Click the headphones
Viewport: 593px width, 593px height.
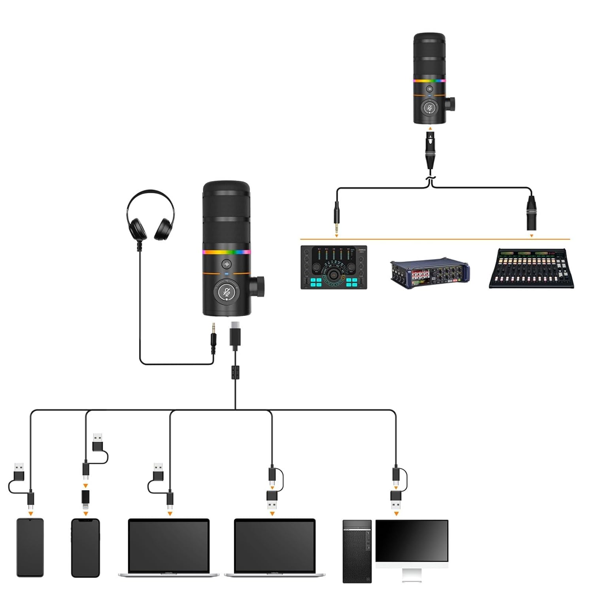coord(150,215)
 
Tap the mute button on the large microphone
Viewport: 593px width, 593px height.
coord(227,292)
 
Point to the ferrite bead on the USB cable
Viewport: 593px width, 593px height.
coord(236,372)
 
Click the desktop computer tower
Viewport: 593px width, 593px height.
coord(357,551)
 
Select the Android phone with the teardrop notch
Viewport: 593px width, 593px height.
coord(30,548)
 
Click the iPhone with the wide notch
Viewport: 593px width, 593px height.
coord(85,548)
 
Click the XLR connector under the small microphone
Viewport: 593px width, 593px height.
coord(430,150)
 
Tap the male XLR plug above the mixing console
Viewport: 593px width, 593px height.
coord(531,213)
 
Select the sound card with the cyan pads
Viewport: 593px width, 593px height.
coord(334,267)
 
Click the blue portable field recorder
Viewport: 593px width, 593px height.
coord(430,272)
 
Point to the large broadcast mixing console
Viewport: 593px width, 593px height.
coord(531,268)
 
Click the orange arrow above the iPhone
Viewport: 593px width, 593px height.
coord(85,514)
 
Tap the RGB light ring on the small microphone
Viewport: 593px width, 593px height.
coord(429,81)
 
